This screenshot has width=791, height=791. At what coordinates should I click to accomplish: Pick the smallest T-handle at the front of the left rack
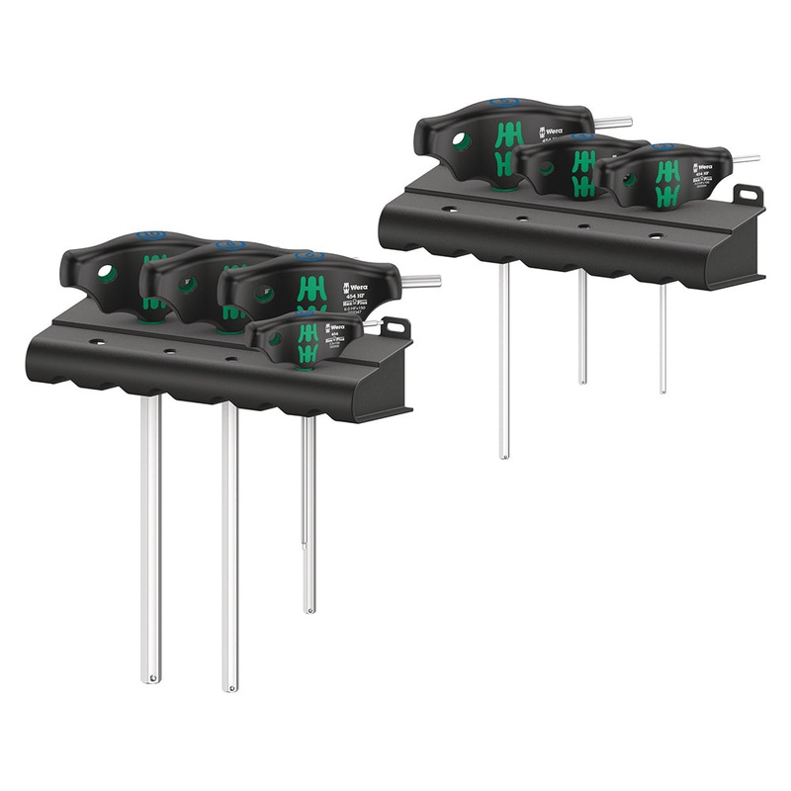click(302, 336)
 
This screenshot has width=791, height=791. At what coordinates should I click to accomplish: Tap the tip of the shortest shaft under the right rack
click(662, 390)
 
